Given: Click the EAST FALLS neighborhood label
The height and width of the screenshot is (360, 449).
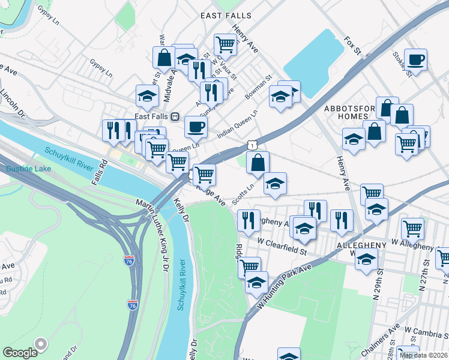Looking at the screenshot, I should [x=227, y=15].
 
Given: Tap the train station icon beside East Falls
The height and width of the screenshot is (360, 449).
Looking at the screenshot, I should [x=175, y=116].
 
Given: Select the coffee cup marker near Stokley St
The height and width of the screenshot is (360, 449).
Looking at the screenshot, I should [x=415, y=60].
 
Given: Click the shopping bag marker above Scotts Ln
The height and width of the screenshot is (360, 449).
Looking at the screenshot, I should [x=258, y=162].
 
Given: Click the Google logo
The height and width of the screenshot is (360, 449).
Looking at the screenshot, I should [x=20, y=352].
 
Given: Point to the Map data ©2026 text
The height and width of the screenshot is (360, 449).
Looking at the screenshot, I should [x=424, y=355].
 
